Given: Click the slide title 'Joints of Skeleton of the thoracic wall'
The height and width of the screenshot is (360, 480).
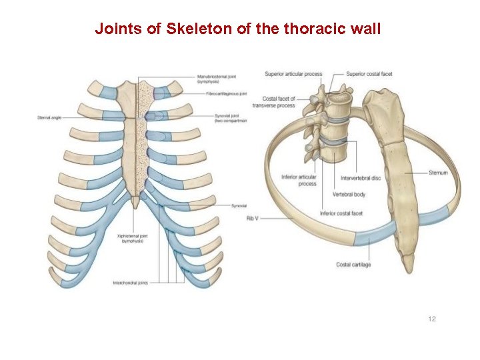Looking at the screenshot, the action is (x=237, y=29).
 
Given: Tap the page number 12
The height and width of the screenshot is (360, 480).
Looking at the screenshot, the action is (x=431, y=319).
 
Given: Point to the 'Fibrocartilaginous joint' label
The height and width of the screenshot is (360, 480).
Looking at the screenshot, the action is (x=222, y=94).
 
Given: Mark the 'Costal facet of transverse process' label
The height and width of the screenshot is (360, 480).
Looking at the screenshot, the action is (x=274, y=102).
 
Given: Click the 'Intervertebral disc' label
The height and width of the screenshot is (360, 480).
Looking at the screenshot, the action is (x=361, y=178).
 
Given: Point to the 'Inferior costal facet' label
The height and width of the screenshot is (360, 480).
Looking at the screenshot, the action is (x=341, y=213).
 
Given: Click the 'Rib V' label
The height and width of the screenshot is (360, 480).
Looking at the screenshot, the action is (x=252, y=218).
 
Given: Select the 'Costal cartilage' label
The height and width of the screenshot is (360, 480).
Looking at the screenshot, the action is (x=353, y=265).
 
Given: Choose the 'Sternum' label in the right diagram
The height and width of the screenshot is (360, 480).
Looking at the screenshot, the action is (x=438, y=173).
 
